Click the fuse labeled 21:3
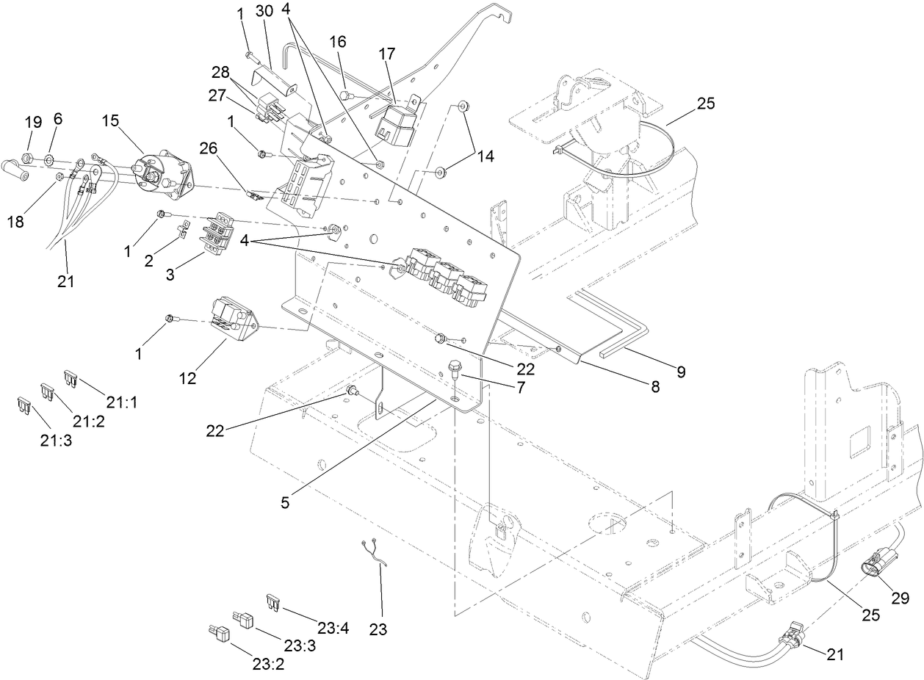point(22,403)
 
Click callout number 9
point(681,372)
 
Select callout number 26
point(209,148)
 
